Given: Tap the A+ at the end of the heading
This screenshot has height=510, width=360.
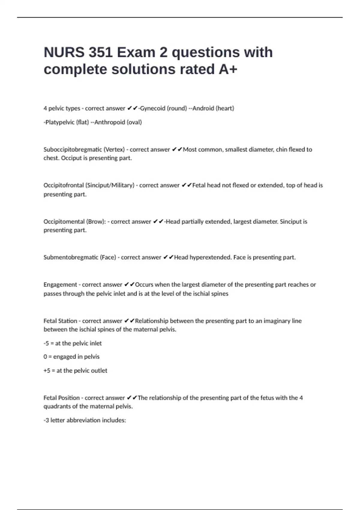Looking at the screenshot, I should coord(228,69).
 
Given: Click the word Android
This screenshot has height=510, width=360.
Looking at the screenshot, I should coord(203,108).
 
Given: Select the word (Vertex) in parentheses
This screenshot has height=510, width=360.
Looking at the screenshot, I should coord(114,149).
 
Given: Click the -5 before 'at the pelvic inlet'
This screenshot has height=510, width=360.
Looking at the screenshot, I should coord(46,343).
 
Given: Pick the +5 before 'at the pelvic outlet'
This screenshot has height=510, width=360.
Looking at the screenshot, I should coord(47,371).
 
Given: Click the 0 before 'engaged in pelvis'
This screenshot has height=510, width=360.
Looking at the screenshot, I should coord(45,357).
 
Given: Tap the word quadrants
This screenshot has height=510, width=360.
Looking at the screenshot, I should coord(56,406).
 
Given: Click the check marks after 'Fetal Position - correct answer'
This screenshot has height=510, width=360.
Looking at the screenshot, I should coord(132,398).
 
